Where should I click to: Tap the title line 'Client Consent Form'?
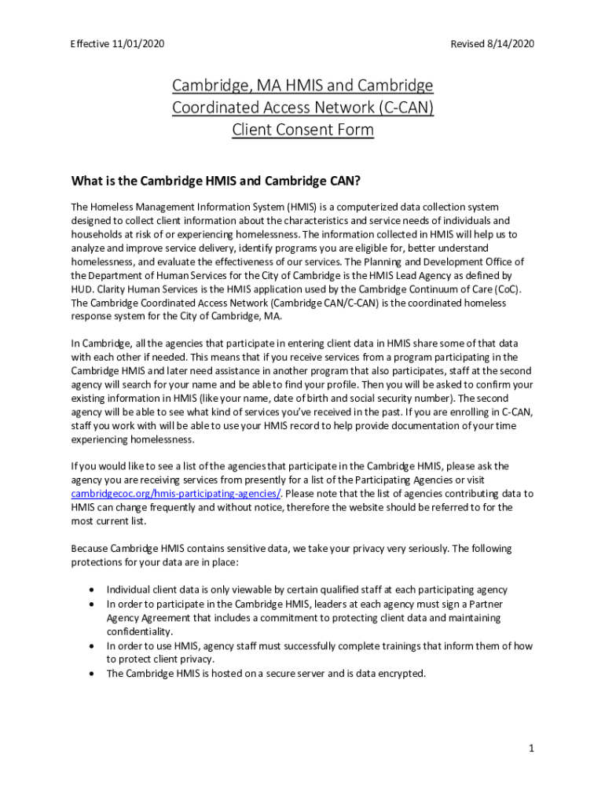pyautogui.click(x=302, y=130)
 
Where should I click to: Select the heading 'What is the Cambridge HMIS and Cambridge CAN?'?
pyautogui.click(x=215, y=182)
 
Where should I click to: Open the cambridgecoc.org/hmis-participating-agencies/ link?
pyautogui.click(x=176, y=494)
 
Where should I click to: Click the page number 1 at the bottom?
pyautogui.click(x=531, y=748)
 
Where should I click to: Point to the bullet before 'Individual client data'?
pyautogui.click(x=93, y=590)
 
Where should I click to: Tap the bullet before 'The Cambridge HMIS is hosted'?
pyautogui.click(x=93, y=674)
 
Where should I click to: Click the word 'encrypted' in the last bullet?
pyautogui.click(x=401, y=674)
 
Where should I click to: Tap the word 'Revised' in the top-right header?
pyautogui.click(x=468, y=44)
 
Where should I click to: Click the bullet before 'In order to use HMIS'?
pyautogui.click(x=93, y=646)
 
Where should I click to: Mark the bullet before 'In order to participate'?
pyautogui.click(x=93, y=604)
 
